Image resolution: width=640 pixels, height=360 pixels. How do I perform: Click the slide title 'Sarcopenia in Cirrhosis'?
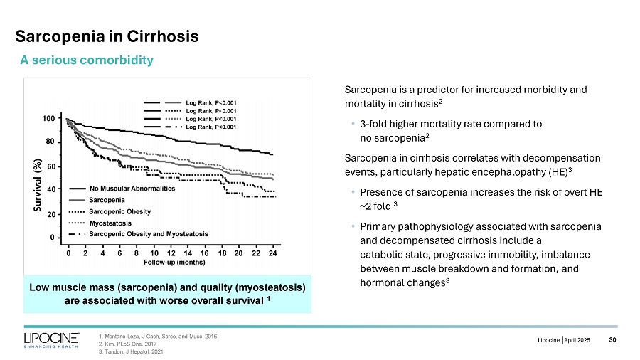click(107, 35)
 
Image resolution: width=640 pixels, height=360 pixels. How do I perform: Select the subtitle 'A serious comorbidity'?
click(86, 60)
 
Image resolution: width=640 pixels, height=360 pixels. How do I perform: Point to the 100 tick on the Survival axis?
click(50, 118)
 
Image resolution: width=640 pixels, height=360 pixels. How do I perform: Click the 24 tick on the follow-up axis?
click(273, 253)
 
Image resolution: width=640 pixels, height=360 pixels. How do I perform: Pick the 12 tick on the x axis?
click(171, 253)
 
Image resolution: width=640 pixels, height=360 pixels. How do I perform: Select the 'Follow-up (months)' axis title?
click(170, 262)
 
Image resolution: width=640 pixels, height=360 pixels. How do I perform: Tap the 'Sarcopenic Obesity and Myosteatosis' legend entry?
click(148, 234)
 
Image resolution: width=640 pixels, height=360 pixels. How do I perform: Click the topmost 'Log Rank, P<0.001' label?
click(210, 102)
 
